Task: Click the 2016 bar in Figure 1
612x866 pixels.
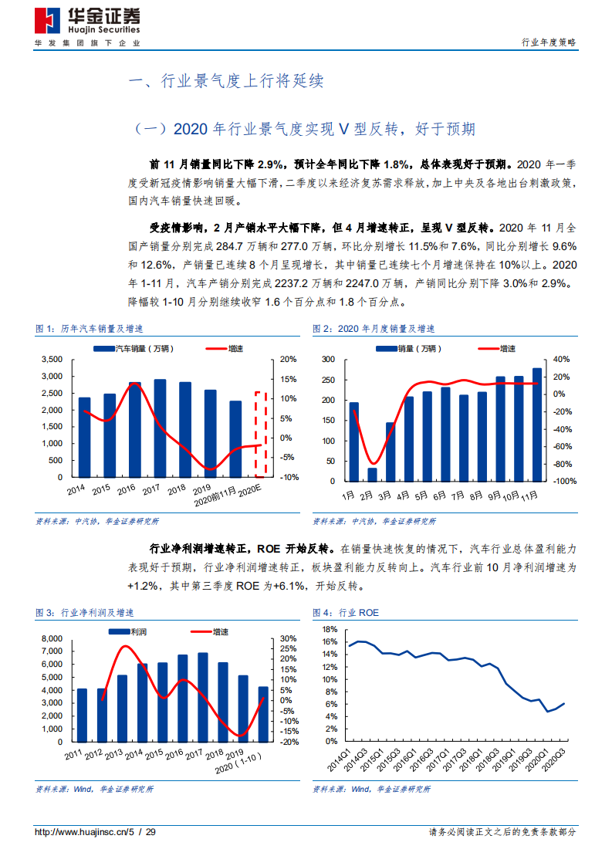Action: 134,429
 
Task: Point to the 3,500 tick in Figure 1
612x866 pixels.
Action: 51,360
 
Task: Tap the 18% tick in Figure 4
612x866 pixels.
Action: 329,629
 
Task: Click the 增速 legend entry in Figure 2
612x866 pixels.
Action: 507,349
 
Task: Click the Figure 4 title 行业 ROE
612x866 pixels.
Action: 345,612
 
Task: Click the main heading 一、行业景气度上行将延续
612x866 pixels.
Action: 225,82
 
